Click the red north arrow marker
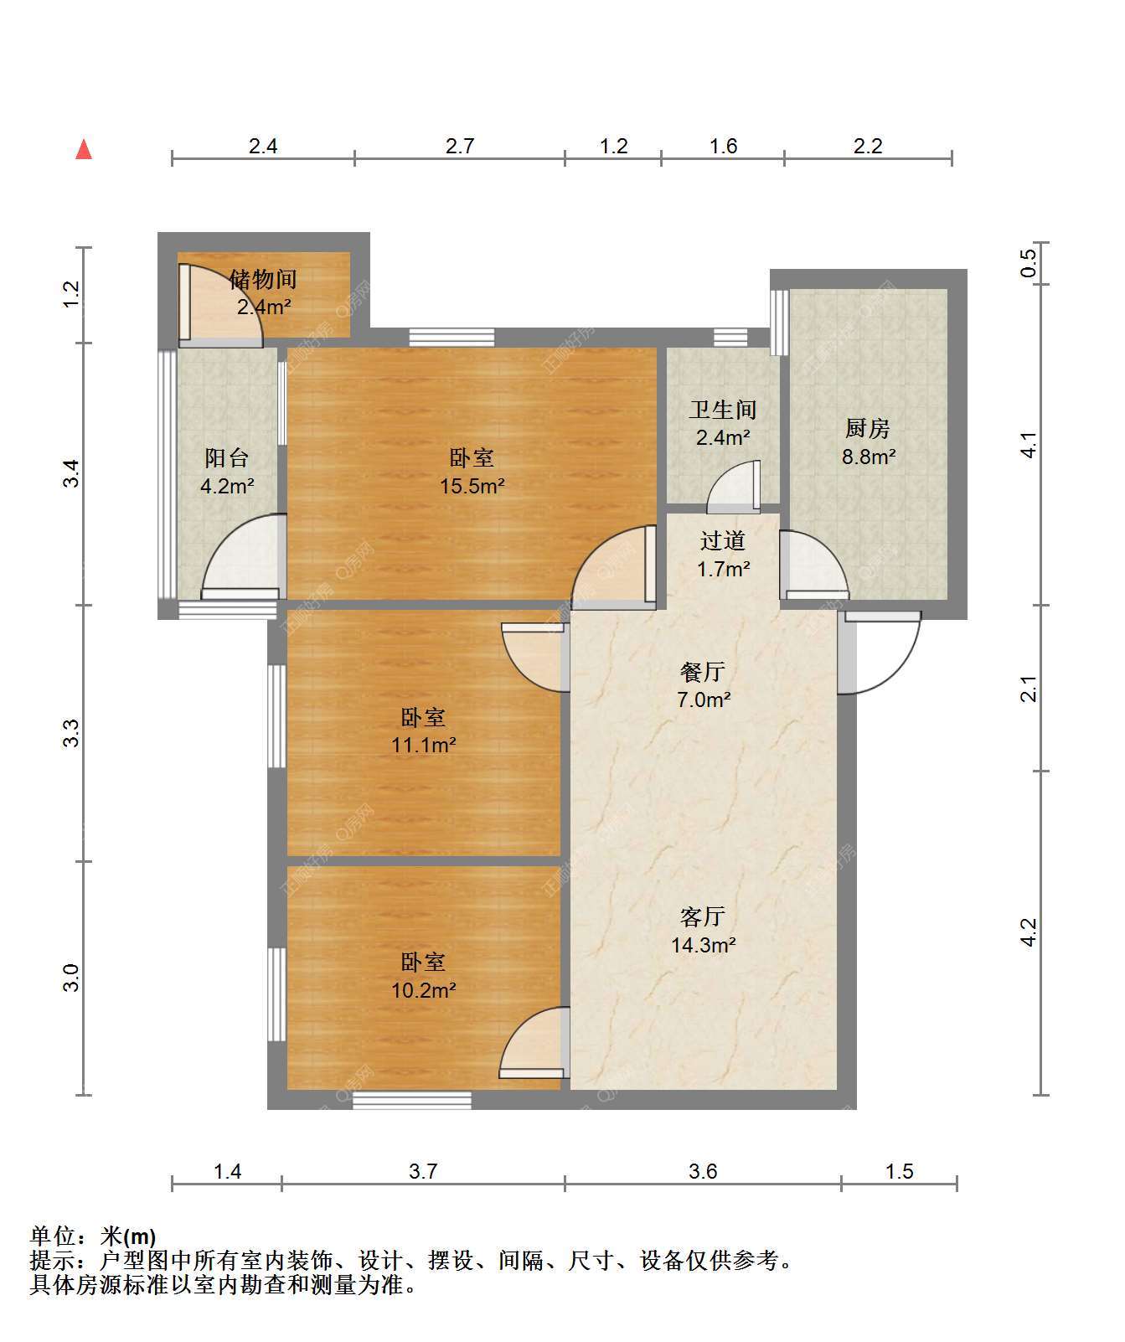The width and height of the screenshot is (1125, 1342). coord(84,150)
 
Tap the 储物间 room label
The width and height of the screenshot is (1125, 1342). coord(263,279)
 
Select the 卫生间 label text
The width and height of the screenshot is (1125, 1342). coord(723,410)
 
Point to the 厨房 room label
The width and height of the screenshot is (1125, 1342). coord(867,429)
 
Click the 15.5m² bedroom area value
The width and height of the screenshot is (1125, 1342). coord(472,486)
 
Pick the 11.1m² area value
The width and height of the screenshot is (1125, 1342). coord(424,745)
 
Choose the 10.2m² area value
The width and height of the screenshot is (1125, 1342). coord(424,990)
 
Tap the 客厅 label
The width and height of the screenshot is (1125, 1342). coord(702,917)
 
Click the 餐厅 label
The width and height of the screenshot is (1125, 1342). coord(702,672)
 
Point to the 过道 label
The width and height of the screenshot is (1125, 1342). coord(723,541)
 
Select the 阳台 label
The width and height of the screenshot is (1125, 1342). coord(227,458)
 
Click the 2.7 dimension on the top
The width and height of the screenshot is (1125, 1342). coord(460,147)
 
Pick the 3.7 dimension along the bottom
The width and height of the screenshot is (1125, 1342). coord(423,1171)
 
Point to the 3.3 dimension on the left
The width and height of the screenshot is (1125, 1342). coord(73,733)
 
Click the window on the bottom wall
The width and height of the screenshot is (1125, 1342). coord(411,1101)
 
